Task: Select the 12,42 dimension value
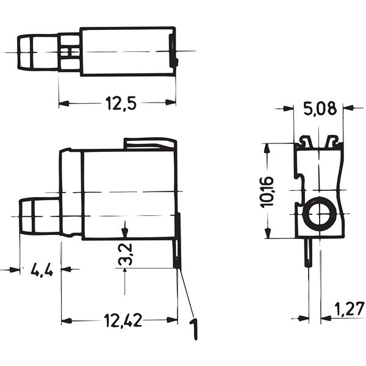point(123,320)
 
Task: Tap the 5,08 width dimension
point(318,109)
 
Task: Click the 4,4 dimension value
point(41,269)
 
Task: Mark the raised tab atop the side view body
point(150,143)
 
